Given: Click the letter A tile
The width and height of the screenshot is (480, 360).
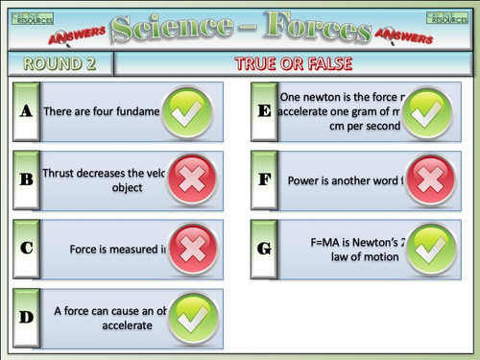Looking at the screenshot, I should [x=27, y=111].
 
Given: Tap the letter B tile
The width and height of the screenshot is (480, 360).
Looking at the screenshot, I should [x=27, y=180].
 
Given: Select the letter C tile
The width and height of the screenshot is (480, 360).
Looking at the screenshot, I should [x=27, y=249].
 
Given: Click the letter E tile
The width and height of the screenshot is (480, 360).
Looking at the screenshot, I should [x=265, y=111].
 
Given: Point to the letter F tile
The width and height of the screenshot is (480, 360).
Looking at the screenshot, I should [x=265, y=180].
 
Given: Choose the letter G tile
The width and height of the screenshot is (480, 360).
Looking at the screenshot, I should [x=265, y=249].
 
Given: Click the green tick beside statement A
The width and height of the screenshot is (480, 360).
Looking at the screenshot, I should [x=189, y=113].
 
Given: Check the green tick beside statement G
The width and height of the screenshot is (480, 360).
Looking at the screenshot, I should [x=431, y=249].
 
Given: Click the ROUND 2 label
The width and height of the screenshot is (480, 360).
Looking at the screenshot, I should [x=59, y=64].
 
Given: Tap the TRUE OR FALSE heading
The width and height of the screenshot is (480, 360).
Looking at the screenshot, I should [x=294, y=64].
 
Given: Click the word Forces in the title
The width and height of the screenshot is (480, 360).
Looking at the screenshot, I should [x=312, y=28].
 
